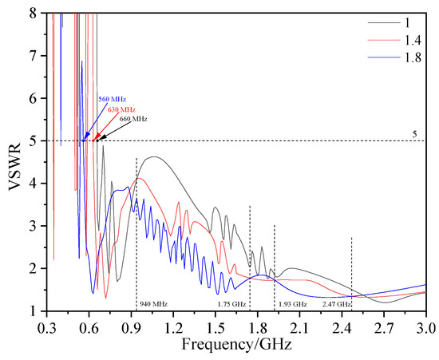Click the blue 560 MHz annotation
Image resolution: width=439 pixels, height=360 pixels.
(x=111, y=99)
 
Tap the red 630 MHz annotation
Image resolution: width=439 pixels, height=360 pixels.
(x=122, y=109)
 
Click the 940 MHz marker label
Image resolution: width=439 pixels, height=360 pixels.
(x=155, y=304)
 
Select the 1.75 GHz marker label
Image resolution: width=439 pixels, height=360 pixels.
(x=232, y=304)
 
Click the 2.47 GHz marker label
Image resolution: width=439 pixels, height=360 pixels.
(x=336, y=305)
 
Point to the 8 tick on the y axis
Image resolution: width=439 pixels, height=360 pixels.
(x=32, y=13)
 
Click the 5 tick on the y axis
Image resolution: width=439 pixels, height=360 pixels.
(x=32, y=141)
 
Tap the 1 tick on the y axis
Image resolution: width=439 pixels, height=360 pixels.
(x=32, y=312)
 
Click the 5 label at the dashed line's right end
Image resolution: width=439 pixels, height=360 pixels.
(x=415, y=135)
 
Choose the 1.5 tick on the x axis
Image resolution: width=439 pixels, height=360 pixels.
(x=215, y=327)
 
